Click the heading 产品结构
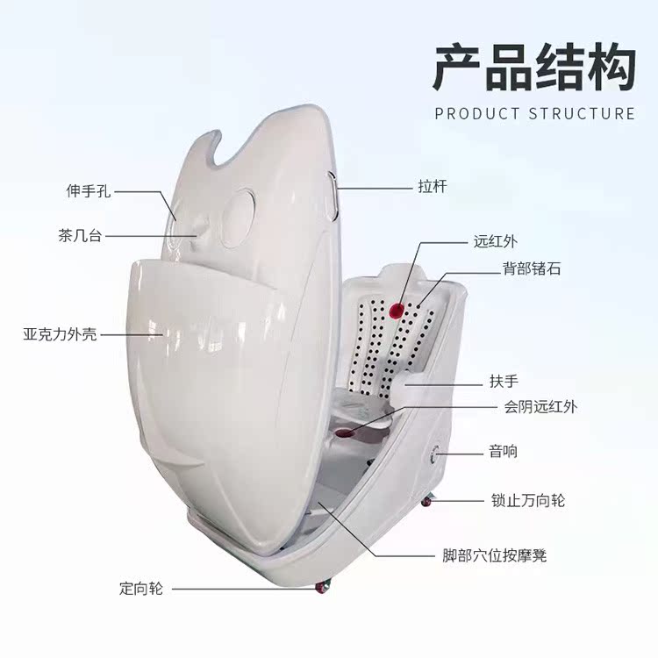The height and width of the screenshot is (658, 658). tap(533, 68)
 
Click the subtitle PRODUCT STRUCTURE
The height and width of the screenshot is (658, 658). tap(534, 114)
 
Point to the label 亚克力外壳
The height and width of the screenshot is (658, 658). tap(61, 334)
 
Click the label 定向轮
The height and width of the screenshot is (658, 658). tap(141, 588)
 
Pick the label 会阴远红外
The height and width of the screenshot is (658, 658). tap(539, 406)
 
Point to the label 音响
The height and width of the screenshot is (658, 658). tap(503, 453)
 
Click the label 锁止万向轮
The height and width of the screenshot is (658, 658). tap(527, 501)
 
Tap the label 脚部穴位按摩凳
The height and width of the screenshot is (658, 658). tap(496, 555)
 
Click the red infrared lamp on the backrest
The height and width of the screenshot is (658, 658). tap(397, 309)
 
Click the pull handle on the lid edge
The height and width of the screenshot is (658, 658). tap(333, 195)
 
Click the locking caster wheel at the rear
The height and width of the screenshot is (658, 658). tap(426, 501)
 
